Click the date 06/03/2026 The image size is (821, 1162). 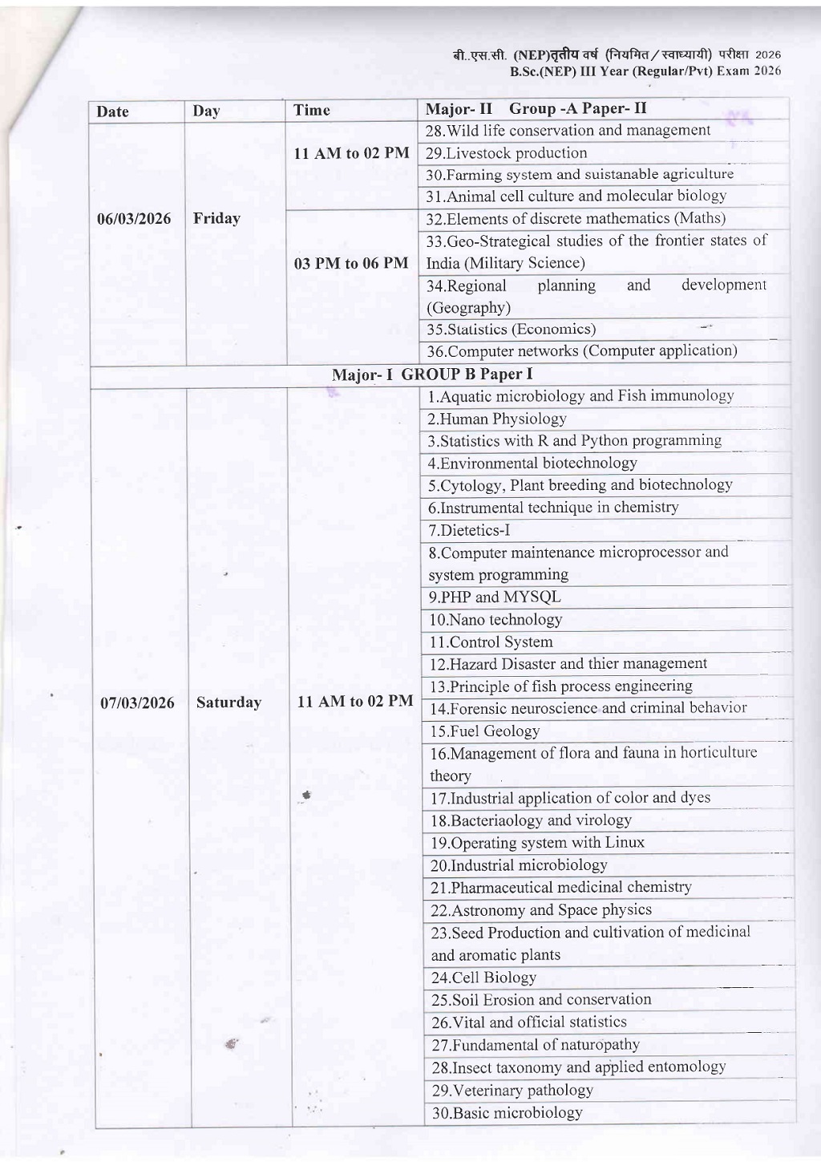[134, 219]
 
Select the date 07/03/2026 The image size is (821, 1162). [137, 703]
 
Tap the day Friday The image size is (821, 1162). [216, 218]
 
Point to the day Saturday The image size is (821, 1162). [229, 702]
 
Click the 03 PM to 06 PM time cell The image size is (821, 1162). [351, 263]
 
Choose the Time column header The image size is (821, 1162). [311, 111]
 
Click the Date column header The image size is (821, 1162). [112, 111]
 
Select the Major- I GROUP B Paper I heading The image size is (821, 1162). [432, 375]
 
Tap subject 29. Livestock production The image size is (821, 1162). [506, 153]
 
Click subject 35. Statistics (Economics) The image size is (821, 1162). [511, 330]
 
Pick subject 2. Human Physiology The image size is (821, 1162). [496, 419]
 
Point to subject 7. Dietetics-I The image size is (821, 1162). [469, 530]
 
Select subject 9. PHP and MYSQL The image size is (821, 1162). [495, 597]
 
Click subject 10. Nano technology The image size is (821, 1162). [495, 620]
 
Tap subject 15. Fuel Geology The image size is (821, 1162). [484, 731]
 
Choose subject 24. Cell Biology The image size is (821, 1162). [483, 978]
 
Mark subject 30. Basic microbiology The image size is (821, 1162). [507, 1113]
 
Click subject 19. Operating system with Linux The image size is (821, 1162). [537, 843]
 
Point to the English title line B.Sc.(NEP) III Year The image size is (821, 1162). [645, 71]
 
